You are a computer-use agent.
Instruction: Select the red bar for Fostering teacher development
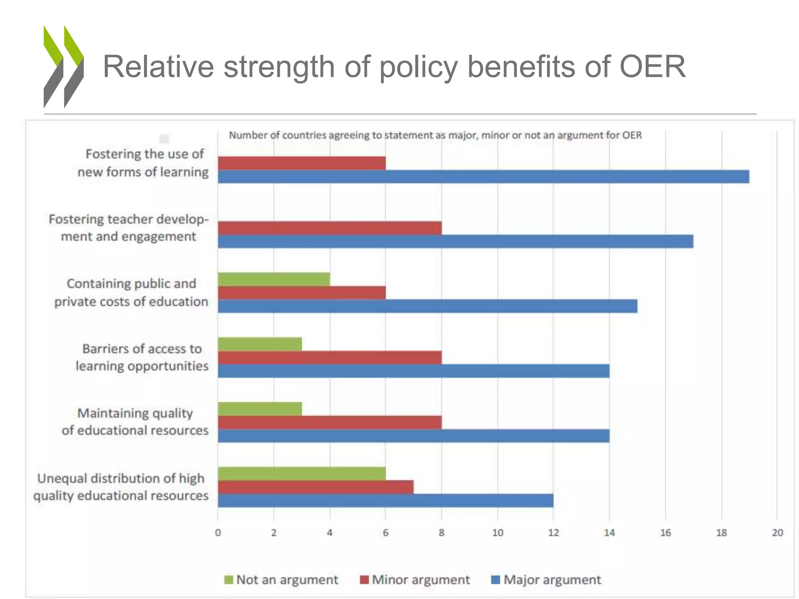(x=330, y=228)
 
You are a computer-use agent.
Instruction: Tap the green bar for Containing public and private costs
(x=274, y=279)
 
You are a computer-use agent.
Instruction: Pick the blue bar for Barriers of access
(x=414, y=371)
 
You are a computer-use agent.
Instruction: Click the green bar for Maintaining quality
(x=260, y=409)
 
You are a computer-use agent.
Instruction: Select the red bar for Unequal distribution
(x=315, y=487)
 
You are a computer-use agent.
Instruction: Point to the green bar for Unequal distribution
(x=302, y=473)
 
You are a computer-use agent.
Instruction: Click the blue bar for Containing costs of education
(x=427, y=306)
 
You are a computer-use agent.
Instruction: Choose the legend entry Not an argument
(x=281, y=580)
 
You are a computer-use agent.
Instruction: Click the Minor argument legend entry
(x=415, y=580)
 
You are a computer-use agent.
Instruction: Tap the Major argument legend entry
(x=546, y=580)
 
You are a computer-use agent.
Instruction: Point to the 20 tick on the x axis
(x=777, y=533)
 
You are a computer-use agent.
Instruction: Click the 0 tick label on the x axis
(x=218, y=533)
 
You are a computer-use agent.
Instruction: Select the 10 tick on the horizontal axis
(x=497, y=533)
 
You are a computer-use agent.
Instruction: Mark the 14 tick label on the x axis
(x=609, y=533)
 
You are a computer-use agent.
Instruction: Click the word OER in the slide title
(x=652, y=67)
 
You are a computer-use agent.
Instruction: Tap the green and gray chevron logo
(x=63, y=67)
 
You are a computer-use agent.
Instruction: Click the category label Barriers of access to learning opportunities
(x=142, y=357)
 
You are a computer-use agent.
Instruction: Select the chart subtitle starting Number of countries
(x=435, y=135)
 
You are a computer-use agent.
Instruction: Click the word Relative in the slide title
(x=158, y=67)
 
